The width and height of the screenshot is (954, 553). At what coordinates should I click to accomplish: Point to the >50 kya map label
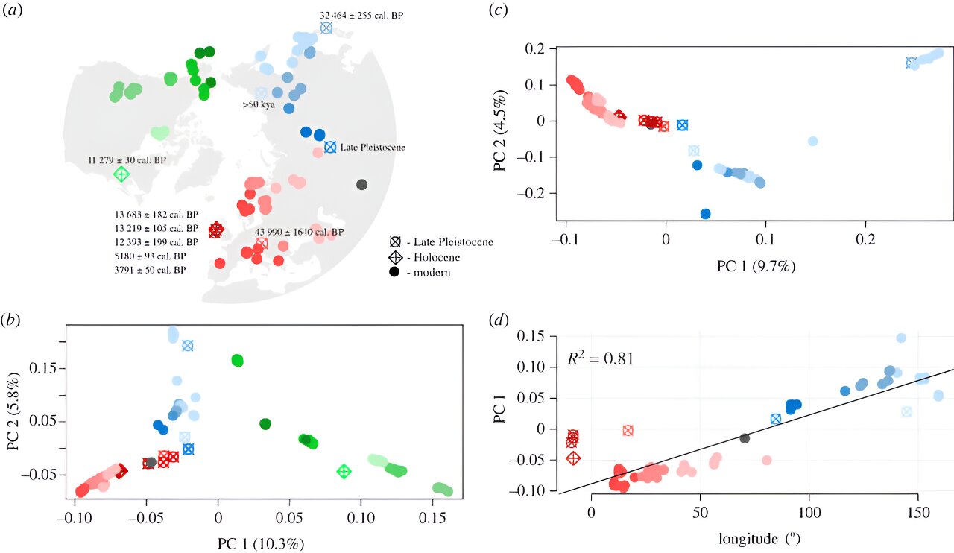pyautogui.click(x=259, y=105)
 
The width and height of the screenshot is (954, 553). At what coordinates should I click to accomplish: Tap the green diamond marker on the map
pyautogui.click(x=121, y=174)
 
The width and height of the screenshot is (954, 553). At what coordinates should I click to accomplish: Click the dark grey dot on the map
pyautogui.click(x=361, y=184)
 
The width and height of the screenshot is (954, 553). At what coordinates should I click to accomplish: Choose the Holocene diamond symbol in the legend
pyautogui.click(x=394, y=257)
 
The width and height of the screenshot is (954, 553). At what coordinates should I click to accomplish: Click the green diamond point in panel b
pyautogui.click(x=344, y=471)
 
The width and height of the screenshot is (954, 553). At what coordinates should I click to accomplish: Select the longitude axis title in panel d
pyautogui.click(x=761, y=538)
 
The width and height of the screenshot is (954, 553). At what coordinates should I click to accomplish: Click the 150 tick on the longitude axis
pyautogui.click(x=918, y=513)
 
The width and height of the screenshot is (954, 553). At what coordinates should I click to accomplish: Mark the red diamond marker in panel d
pyautogui.click(x=573, y=458)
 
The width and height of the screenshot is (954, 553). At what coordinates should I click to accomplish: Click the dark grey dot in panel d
pyautogui.click(x=744, y=438)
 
